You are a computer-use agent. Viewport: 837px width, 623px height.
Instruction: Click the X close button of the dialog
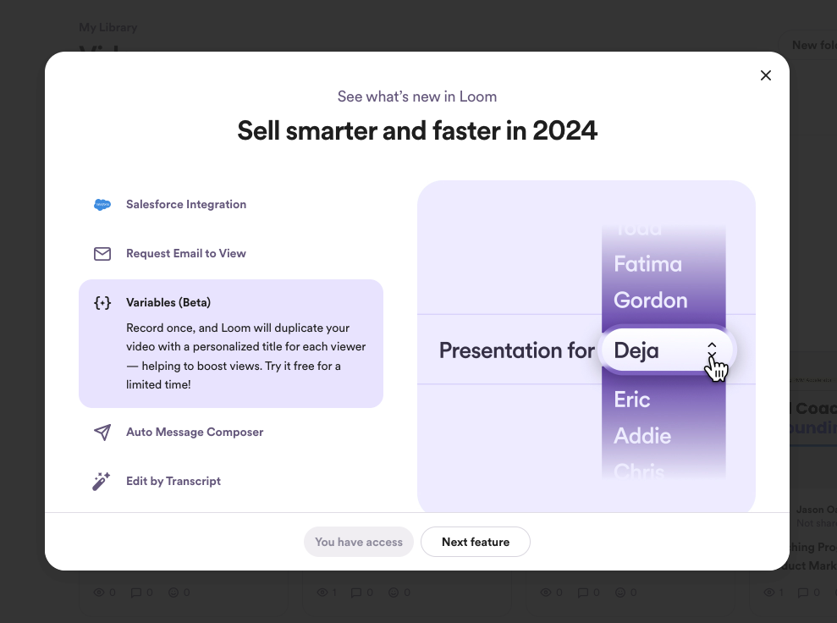click(766, 75)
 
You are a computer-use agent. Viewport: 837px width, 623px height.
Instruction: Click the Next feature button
click(475, 542)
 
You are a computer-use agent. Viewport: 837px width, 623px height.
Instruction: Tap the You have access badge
click(359, 542)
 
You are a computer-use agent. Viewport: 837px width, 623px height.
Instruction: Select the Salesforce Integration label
click(186, 204)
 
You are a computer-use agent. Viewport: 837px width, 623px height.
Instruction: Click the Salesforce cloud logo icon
click(102, 204)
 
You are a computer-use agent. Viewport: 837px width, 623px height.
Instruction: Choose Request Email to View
click(186, 253)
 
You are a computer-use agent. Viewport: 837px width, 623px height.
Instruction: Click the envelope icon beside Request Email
click(102, 254)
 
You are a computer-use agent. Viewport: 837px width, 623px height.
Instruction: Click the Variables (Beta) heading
click(168, 302)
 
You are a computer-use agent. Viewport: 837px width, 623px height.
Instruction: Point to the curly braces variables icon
click(102, 303)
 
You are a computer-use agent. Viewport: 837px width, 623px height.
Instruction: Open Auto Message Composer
click(195, 432)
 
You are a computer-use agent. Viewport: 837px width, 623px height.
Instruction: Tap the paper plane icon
click(102, 433)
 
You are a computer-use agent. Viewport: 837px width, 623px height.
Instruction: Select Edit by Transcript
click(173, 481)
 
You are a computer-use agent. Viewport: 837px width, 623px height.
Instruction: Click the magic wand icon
click(102, 482)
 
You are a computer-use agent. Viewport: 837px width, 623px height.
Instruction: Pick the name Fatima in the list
click(647, 264)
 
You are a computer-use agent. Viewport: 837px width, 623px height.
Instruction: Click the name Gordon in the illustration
click(650, 300)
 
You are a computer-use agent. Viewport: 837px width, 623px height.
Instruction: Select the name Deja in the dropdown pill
click(636, 350)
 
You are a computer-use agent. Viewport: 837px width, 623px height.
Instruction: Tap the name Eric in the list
click(632, 400)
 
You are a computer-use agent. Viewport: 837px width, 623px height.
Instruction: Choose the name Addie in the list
click(642, 436)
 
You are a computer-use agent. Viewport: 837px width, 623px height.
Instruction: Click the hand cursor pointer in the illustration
click(717, 367)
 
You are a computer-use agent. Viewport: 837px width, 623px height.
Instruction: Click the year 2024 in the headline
click(564, 130)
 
